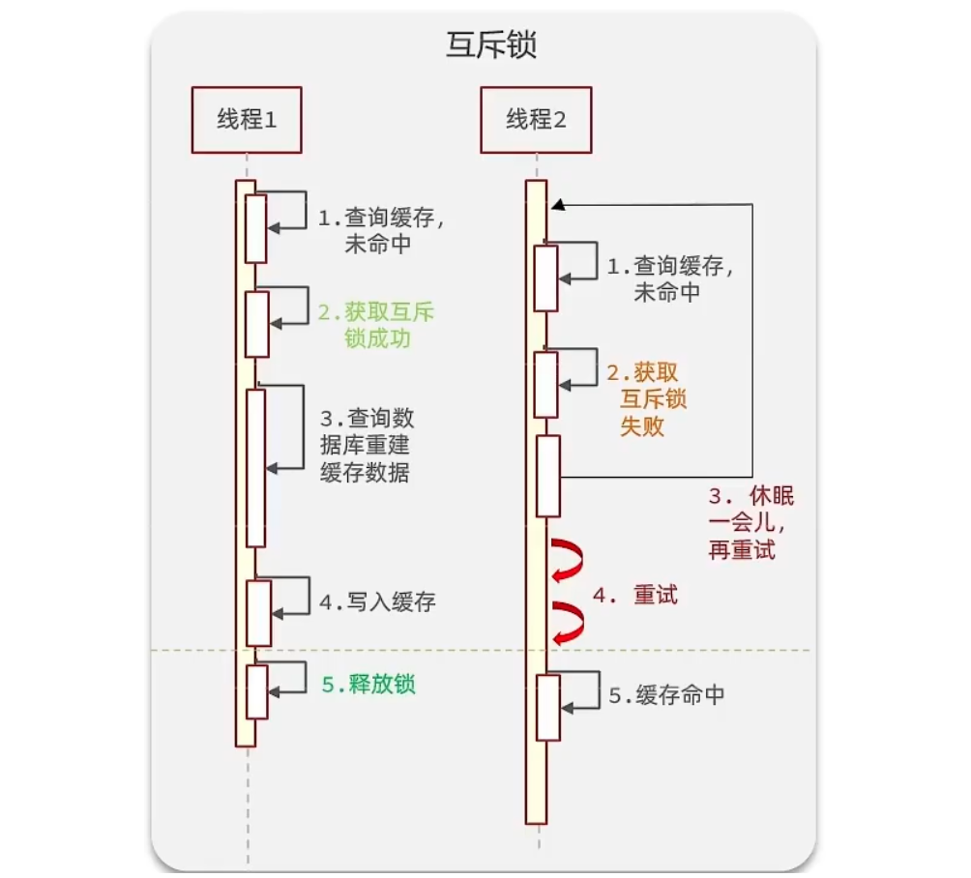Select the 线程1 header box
click(x=246, y=120)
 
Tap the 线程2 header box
click(x=535, y=120)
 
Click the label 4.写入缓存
click(x=377, y=602)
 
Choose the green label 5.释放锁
click(x=368, y=685)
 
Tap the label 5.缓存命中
click(x=666, y=695)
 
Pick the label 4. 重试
click(x=635, y=596)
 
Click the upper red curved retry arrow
click(x=567, y=562)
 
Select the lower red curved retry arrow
click(x=567, y=622)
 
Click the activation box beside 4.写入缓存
click(x=258, y=612)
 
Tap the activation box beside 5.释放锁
click(x=256, y=691)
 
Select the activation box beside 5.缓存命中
click(x=547, y=708)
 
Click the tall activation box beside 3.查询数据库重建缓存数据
click(x=255, y=468)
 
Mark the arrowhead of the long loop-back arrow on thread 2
click(x=556, y=205)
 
